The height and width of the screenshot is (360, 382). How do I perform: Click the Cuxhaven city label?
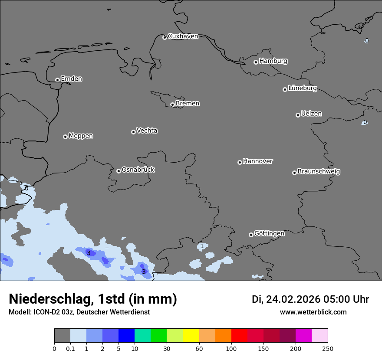coord(183,36)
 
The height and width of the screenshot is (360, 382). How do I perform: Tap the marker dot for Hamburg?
coord(256,62)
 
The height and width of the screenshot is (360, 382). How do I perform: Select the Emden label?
coord(71,79)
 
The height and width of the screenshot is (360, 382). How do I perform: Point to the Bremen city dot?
coord(172,105)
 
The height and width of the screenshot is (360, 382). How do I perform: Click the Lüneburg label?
coord(302,88)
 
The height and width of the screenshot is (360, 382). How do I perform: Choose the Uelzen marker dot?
coord(298,115)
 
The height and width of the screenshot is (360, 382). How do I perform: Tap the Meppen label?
coord(81,136)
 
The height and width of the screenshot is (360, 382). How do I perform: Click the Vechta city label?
coord(147,131)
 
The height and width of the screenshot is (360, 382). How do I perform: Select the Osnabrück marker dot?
coord(119,171)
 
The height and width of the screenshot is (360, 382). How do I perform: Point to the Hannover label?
coord(257,161)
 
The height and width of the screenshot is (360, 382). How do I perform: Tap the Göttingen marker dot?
coord(251,235)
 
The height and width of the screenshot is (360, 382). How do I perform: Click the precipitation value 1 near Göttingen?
coord(202,246)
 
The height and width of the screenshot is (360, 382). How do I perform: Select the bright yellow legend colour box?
coord(191,336)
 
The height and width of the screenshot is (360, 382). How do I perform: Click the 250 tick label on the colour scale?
coord(328,348)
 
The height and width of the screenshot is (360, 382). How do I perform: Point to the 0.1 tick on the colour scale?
coord(70,348)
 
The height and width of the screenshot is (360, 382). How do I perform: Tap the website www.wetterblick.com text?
coord(313,312)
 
